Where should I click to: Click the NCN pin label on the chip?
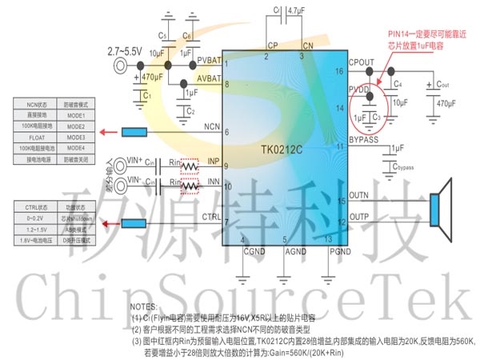(213, 126)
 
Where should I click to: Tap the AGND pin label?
(296, 250)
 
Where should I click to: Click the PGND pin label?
(342, 250)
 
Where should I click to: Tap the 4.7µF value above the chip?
(295, 10)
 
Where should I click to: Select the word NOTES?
(145, 306)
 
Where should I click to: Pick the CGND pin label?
(254, 250)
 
